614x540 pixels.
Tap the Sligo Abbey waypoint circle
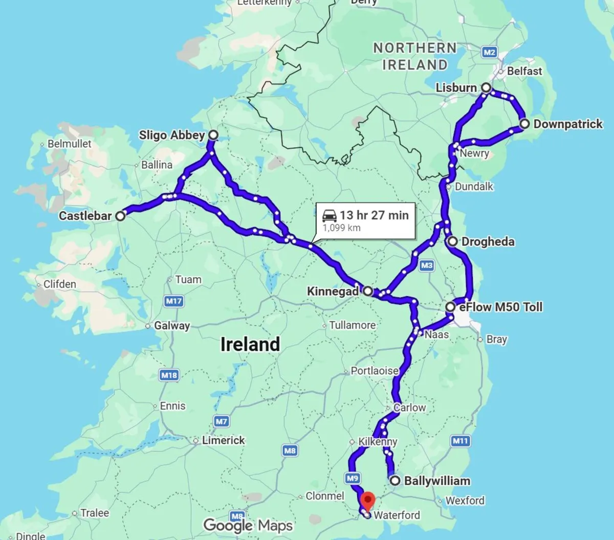[x=213, y=135]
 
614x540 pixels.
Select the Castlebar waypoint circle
[x=120, y=216]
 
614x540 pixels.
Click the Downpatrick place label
[x=567, y=124]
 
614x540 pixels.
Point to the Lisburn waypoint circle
[x=486, y=88]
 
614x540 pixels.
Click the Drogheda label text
[x=488, y=241]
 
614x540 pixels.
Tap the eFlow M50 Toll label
[x=500, y=307]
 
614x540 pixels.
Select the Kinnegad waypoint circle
[x=367, y=291]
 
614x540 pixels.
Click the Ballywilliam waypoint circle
[x=395, y=481]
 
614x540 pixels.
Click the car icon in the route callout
[x=330, y=215]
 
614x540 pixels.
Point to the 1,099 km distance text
[x=341, y=228]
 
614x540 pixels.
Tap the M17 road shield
[x=174, y=301]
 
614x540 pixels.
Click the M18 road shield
[x=169, y=375]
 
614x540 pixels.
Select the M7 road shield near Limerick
[x=221, y=421]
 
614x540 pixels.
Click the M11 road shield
[x=461, y=441]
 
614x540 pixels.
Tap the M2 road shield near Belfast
[x=489, y=52]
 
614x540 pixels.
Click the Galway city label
[x=171, y=326]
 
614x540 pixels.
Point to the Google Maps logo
[x=248, y=525]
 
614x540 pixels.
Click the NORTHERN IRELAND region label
[x=415, y=56]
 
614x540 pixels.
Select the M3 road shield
[x=426, y=265]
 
